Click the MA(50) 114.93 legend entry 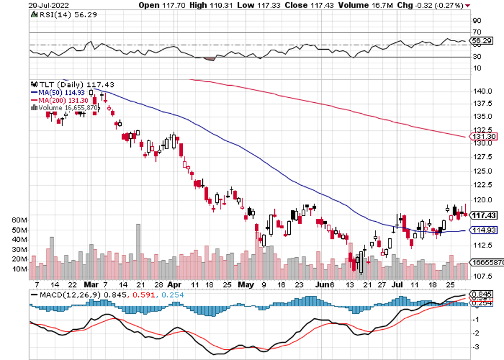click(54, 91)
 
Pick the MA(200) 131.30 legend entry click(55, 99)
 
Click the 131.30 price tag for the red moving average click(483, 136)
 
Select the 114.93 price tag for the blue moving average click(483, 230)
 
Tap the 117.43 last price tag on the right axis click(483, 215)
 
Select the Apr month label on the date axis click(175, 284)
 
